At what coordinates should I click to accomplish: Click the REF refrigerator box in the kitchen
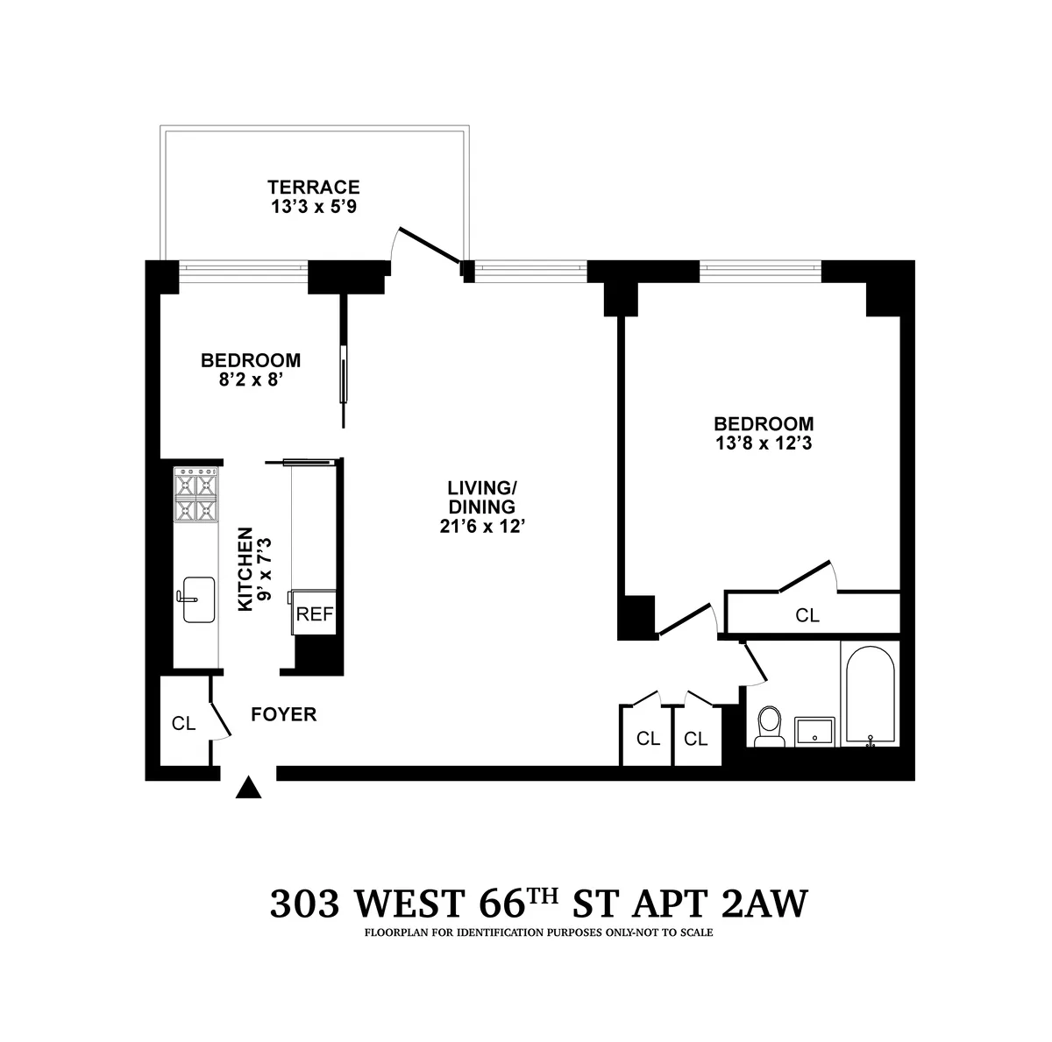pos(315,613)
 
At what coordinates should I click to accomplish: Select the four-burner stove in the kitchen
pos(196,496)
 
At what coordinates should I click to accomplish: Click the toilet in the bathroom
pos(770,727)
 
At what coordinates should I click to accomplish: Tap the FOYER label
pos(283,714)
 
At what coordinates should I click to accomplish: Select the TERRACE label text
pos(314,187)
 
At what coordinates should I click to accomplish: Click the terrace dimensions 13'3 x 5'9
pos(314,208)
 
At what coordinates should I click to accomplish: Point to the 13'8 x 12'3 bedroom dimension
pos(763,443)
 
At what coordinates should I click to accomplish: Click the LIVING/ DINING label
pos(481,496)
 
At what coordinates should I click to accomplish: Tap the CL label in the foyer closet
pos(183,723)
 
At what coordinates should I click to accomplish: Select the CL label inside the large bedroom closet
pos(807,615)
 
